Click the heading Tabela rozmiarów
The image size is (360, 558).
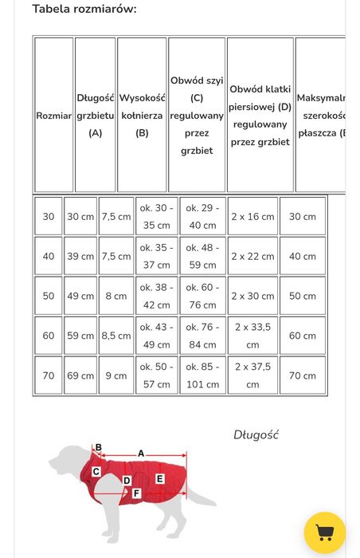pyautogui.click(x=84, y=9)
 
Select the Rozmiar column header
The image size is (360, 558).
pyautogui.click(x=53, y=116)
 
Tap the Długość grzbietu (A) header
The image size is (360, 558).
pyautogui.click(x=96, y=116)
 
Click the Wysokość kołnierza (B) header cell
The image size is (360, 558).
pyautogui.click(x=142, y=116)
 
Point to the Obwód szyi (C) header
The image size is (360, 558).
pyautogui.click(x=197, y=116)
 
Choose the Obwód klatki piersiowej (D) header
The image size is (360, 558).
pyautogui.click(x=260, y=116)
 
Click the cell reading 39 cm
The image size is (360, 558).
pyautogui.click(x=80, y=257)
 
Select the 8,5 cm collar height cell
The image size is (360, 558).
pyautogui.click(x=116, y=336)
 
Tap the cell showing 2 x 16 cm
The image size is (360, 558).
pyautogui.click(x=252, y=217)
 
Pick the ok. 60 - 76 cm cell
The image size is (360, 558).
pyautogui.click(x=202, y=296)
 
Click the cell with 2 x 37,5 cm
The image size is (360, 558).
pyautogui.click(x=252, y=375)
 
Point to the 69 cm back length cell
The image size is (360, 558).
pyautogui.click(x=80, y=375)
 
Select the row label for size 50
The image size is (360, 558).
pyautogui.click(x=49, y=296)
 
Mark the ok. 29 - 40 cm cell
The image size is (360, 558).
pyautogui.click(x=202, y=217)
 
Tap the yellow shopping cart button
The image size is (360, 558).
pyautogui.click(x=325, y=532)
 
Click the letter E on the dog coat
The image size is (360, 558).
pyautogui.click(x=159, y=478)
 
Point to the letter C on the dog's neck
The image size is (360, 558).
pyautogui.click(x=96, y=472)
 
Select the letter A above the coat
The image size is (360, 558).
pyautogui.click(x=141, y=454)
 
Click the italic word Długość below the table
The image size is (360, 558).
pyautogui.click(x=256, y=435)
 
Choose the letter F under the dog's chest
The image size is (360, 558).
pyautogui.click(x=136, y=493)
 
